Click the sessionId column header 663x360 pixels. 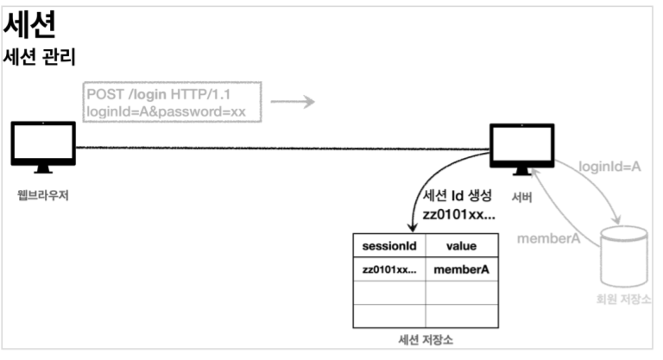click(x=388, y=245)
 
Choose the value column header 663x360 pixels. click(x=461, y=245)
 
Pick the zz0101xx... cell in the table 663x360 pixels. click(x=388, y=269)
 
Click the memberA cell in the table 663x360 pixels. click(x=461, y=269)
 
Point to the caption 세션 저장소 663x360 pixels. click(x=426, y=339)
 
